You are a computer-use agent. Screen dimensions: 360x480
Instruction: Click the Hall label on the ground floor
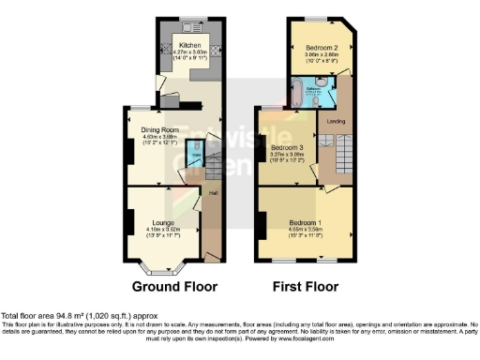213,195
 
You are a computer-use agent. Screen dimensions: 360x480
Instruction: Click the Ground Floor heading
173,286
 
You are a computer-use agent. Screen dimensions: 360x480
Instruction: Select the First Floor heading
307,286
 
